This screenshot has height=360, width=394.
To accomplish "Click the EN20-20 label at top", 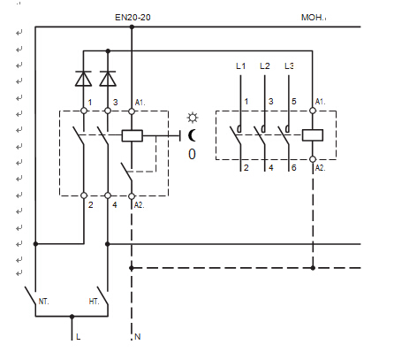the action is pos(133,18).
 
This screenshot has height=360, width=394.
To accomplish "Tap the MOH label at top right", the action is pos(312,18).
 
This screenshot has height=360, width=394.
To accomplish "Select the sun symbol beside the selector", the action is pos(193,118).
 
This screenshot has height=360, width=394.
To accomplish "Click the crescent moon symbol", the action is pos(192,135).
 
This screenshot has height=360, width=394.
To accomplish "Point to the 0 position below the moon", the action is pos(192,154).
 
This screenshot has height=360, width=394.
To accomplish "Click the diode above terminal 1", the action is pos(83,79).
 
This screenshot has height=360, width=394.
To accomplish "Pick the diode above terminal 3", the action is pos(108,79).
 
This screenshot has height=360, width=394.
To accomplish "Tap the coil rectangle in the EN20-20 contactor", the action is pos(132,135).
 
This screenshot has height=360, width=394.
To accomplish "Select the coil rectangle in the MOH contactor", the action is pos(313,135).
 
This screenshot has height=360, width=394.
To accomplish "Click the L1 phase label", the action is pos(240,66).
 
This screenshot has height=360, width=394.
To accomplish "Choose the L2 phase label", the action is pos(265,66).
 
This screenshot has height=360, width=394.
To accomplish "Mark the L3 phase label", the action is pos(289,66).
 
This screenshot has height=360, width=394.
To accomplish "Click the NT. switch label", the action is pos(43,302).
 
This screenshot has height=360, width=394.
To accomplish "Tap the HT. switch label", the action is pos(94,302).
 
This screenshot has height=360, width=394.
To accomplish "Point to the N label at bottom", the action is pos(138,336).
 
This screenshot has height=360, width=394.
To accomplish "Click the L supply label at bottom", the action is pos(78,336).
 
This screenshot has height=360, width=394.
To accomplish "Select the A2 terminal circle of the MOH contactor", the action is pos(313,159).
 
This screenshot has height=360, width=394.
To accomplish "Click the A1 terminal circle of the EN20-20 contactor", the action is pos(132,111).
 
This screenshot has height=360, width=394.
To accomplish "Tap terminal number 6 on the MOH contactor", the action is pos(293,168).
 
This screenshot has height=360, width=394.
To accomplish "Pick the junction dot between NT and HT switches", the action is pos(72,317).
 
